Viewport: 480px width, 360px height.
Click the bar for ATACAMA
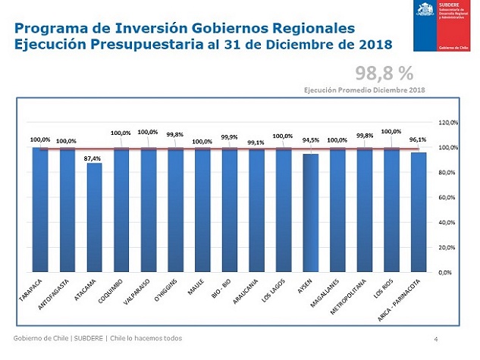pyautogui.click(x=94, y=217)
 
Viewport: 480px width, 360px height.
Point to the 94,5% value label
pyautogui.click(x=311, y=140)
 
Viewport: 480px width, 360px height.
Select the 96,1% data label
pyautogui.click(x=419, y=139)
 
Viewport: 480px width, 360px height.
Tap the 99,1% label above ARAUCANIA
pyautogui.click(x=256, y=142)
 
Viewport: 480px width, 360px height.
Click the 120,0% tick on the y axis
pyautogui.click(x=449, y=122)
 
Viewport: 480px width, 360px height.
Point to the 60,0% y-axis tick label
pyautogui.click(x=449, y=197)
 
